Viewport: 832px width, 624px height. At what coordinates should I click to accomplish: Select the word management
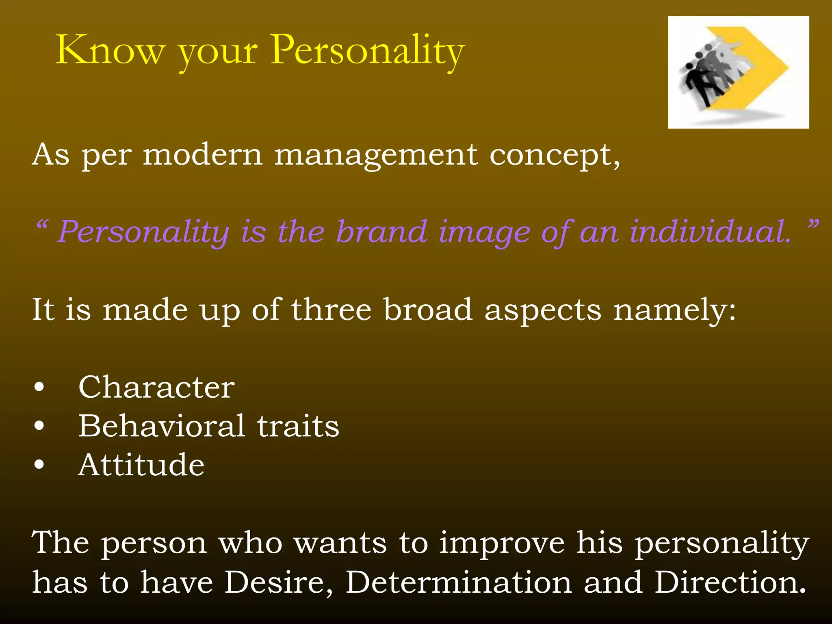pos(376,156)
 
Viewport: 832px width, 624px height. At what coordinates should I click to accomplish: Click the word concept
pos(554,156)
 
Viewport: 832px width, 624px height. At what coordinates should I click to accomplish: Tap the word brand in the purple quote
pos(382,232)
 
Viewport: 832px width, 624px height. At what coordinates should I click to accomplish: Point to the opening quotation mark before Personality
pos(42,224)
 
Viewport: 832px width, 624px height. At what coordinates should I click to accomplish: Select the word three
pos(331,310)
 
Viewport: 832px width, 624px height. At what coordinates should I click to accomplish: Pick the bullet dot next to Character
pos(39,387)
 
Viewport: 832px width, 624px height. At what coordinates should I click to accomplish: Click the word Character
pos(156,387)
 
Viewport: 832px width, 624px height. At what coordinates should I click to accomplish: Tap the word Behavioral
pos(162,426)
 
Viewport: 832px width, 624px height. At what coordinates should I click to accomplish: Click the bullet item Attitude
pos(141,465)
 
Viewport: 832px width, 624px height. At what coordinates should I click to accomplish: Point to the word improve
pos(502,543)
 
